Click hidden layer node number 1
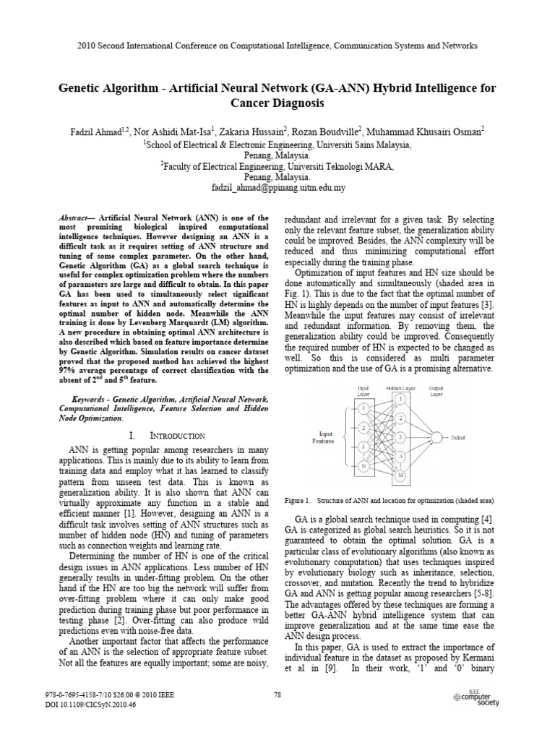pos(400,397)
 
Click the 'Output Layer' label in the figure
pos(436,391)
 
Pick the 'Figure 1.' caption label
pos(298,500)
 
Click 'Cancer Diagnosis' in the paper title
pos(277,103)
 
